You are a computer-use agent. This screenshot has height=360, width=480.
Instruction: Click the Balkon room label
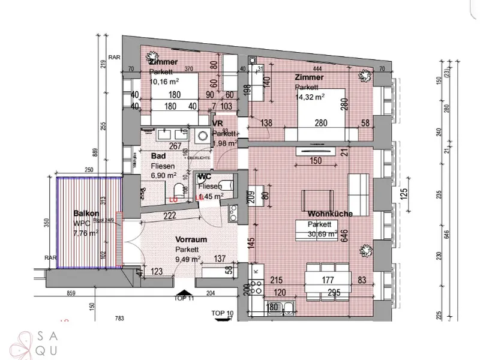point(86,213)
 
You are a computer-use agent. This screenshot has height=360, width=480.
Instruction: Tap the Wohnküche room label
point(329,214)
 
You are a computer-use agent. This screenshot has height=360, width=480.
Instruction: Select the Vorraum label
point(191,239)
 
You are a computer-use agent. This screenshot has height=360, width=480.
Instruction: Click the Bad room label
point(157,155)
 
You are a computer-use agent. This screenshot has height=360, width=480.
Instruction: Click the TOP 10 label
point(221,313)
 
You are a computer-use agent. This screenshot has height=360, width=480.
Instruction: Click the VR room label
point(218,123)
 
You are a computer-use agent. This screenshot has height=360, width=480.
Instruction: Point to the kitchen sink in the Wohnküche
point(290,308)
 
